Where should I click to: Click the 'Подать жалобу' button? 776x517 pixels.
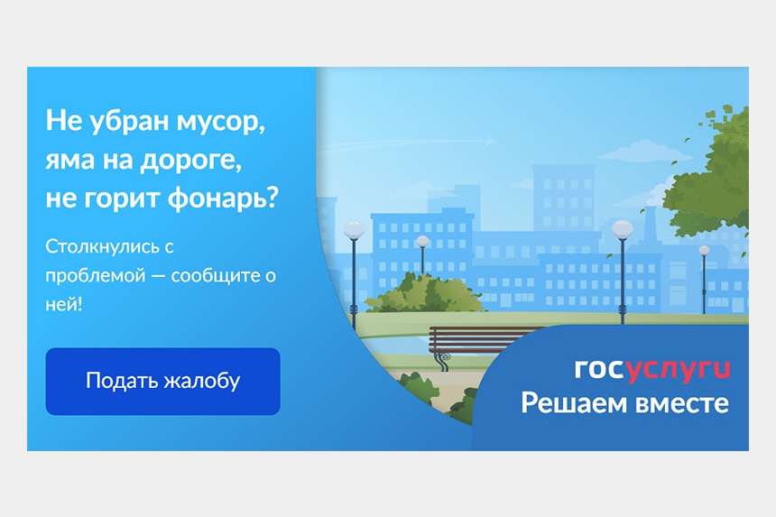pyautogui.click(x=162, y=381)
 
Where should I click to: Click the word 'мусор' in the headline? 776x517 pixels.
pyautogui.click(x=220, y=121)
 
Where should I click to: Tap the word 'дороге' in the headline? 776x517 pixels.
pyautogui.click(x=191, y=161)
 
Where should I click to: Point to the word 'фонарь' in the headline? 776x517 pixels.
pyautogui.click(x=223, y=198)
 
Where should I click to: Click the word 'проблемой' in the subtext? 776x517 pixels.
pyautogui.click(x=96, y=276)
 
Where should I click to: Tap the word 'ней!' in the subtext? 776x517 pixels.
pyautogui.click(x=64, y=304)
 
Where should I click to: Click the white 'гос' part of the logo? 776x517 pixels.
pyautogui.click(x=598, y=369)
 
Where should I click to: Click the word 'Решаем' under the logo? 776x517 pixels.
pyautogui.click(x=574, y=403)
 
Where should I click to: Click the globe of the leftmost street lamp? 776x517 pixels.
pyautogui.click(x=354, y=229)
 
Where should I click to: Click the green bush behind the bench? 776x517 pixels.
pyautogui.click(x=424, y=294)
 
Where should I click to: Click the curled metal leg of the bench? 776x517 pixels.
pyautogui.click(x=443, y=361)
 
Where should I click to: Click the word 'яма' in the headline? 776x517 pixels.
pyautogui.click(x=69, y=161)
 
